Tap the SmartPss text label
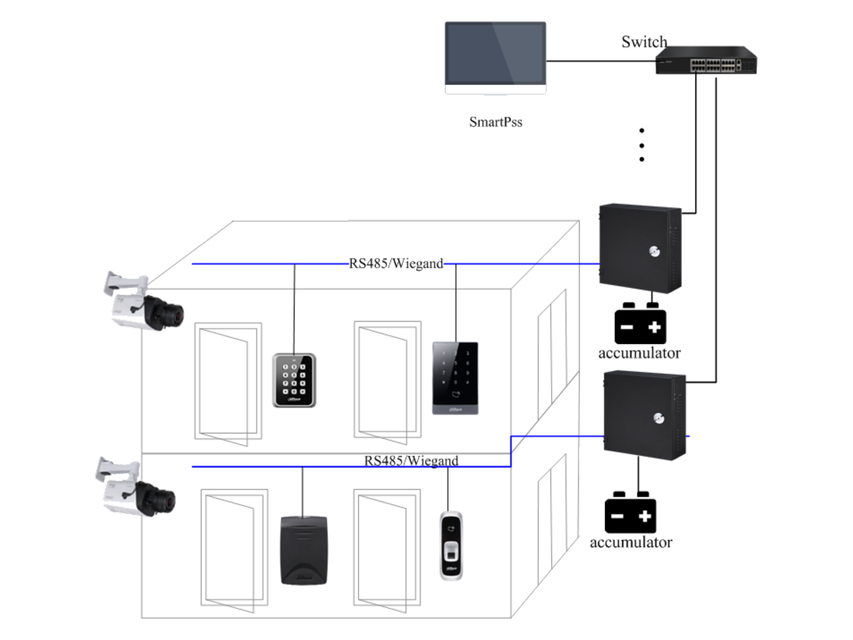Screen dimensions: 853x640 pyautogui.click(x=495, y=122)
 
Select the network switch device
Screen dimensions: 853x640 pyautogui.click(x=706, y=60)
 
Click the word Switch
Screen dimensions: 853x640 pyautogui.click(x=644, y=42)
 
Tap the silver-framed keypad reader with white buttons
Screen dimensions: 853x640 pyautogui.click(x=294, y=380)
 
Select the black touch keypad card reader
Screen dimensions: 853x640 pyautogui.click(x=456, y=378)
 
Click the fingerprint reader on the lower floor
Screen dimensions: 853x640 pyautogui.click(x=451, y=545)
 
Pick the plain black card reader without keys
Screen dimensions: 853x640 pyautogui.click(x=304, y=550)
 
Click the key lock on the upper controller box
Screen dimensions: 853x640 pyautogui.click(x=655, y=252)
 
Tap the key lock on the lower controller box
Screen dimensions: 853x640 pyautogui.click(x=659, y=418)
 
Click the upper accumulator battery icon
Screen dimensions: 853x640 pyautogui.click(x=640, y=324)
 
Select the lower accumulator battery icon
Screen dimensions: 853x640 pyautogui.click(x=631, y=512)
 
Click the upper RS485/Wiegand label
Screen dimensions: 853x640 pyautogui.click(x=396, y=263)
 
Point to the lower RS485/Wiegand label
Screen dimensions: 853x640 pyautogui.click(x=411, y=461)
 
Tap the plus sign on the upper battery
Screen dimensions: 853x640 pyautogui.click(x=655, y=327)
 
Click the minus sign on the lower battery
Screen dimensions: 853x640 pyautogui.click(x=617, y=516)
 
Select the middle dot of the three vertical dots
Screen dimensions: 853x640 pyautogui.click(x=642, y=146)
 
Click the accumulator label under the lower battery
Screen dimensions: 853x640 pyautogui.click(x=631, y=542)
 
